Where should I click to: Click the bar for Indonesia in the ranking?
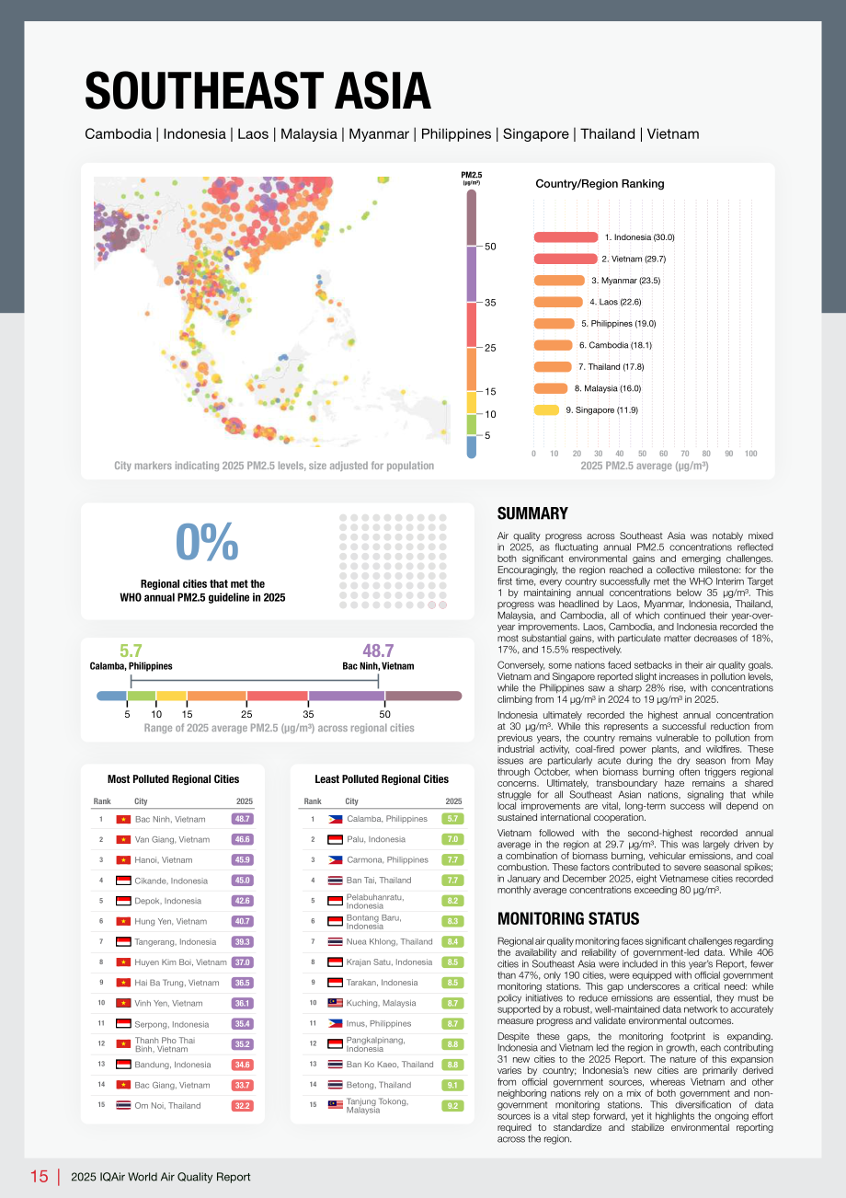566,236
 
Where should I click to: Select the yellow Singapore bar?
546,409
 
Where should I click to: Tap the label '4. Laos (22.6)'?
615,302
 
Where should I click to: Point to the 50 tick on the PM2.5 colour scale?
490,247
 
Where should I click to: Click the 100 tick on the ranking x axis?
750,454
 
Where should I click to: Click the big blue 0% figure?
207,541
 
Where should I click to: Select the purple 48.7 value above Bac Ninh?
378,651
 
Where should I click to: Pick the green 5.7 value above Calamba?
131,651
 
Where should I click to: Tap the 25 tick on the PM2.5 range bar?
246,714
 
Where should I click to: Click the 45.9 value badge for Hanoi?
242,860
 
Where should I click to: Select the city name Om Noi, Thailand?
167,1105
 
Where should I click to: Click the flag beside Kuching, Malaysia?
335,1003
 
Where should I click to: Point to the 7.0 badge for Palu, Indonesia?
452,839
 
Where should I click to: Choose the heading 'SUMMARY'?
532,513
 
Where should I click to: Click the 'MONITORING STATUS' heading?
568,919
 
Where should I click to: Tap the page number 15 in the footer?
39,1177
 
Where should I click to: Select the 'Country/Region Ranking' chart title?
600,183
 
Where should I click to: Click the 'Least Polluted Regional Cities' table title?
382,779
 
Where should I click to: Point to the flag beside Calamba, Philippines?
335,819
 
